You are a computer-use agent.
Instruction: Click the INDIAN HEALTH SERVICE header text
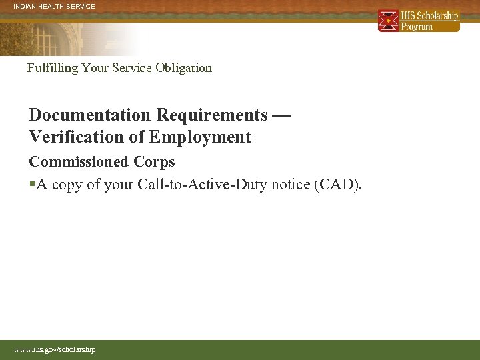pos(55,7)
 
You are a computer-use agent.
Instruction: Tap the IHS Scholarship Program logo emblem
pos(388,21)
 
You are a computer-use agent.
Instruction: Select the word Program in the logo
pos(417,27)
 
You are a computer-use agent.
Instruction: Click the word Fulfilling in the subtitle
pos(53,68)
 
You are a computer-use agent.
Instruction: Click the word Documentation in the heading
pos(90,115)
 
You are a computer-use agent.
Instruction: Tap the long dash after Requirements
pos(282,115)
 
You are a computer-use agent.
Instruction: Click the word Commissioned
pos(78,162)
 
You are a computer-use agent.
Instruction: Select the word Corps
pos(154,162)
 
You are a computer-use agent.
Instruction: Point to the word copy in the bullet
pos(67,185)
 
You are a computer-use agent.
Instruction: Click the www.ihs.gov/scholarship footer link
pos(55,349)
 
